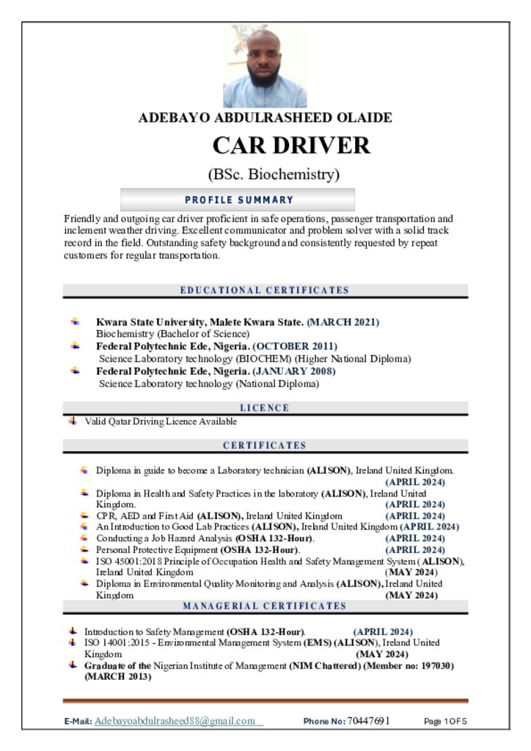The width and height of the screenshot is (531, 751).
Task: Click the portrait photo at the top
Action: (x=265, y=66)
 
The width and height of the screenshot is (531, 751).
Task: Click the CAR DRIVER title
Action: (x=291, y=145)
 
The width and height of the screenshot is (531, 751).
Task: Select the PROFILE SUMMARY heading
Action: (x=238, y=199)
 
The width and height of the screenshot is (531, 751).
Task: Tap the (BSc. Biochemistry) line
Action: (x=274, y=175)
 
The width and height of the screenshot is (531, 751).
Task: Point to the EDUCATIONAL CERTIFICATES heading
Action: (x=265, y=290)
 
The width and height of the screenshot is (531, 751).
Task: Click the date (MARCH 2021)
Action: (x=343, y=322)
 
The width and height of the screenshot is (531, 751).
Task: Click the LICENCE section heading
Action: (x=265, y=408)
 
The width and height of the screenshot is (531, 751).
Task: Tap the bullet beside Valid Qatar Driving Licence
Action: (x=73, y=421)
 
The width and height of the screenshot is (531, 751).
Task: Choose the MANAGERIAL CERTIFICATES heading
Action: (x=265, y=606)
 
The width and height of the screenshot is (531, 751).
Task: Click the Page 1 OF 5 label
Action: (x=445, y=722)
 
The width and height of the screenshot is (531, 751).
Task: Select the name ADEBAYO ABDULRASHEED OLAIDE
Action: (x=265, y=117)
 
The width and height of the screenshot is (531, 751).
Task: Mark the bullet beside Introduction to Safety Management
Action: (x=73, y=631)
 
